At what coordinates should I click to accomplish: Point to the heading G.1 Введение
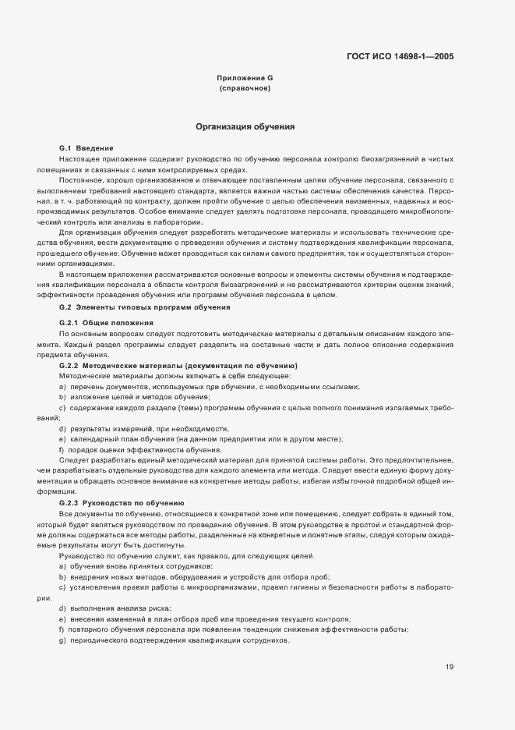[x=86, y=147]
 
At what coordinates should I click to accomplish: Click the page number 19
[x=450, y=666]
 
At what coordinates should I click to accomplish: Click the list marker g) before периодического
[x=62, y=640]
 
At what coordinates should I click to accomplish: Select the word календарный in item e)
[x=93, y=440]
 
